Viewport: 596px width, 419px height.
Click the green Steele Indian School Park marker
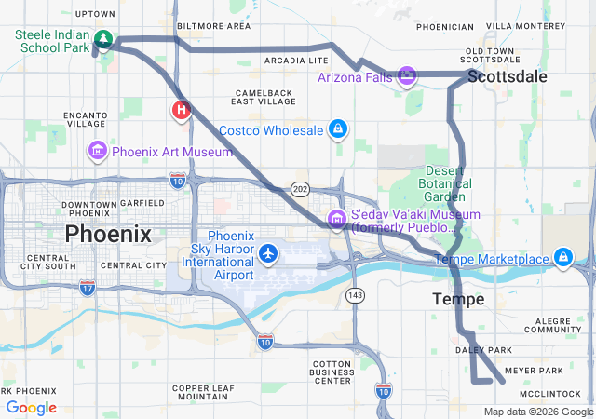(104, 40)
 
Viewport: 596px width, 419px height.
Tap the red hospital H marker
(181, 111)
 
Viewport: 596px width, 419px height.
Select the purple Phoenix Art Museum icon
(97, 151)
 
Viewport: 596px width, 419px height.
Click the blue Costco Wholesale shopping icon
(338, 129)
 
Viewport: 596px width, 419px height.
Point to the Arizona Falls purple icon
(406, 75)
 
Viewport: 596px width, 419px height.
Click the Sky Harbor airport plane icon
(268, 252)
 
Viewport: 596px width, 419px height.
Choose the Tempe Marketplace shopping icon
(562, 257)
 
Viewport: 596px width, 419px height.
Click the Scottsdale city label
(507, 76)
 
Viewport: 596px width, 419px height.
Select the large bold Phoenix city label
(107, 234)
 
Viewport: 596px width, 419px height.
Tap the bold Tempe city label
(458, 299)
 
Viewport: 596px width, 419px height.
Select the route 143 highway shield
(354, 294)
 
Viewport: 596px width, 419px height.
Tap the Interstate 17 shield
(87, 287)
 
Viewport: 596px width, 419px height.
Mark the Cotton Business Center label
(319, 372)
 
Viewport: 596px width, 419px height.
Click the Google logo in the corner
(31, 408)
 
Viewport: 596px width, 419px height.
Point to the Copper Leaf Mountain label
(202, 393)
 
